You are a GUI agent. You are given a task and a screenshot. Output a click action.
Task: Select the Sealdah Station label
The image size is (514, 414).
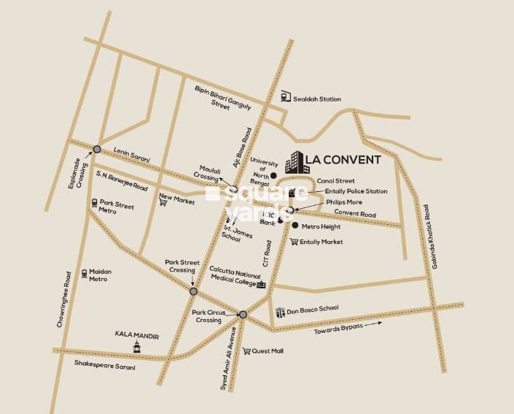pyautogui.click(x=318, y=99)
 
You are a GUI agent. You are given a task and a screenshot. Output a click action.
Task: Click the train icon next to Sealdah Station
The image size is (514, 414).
pyautogui.click(x=284, y=96)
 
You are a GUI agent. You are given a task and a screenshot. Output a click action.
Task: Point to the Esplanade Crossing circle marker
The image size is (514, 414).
pyautogui.click(x=97, y=150)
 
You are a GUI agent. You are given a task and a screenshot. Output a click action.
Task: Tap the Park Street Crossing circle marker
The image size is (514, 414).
pyautogui.click(x=193, y=291)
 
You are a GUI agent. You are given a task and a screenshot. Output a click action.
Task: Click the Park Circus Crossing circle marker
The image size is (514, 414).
pyautogui.click(x=243, y=315)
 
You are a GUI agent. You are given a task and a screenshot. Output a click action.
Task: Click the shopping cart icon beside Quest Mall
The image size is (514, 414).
pyautogui.click(x=246, y=351)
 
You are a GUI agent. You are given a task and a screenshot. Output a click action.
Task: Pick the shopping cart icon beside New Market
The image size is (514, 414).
pyautogui.click(x=163, y=202)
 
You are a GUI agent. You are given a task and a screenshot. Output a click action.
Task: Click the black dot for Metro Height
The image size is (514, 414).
pyautogui.click(x=295, y=226)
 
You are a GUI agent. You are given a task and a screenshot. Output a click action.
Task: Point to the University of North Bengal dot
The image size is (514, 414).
pyautogui.click(x=273, y=176)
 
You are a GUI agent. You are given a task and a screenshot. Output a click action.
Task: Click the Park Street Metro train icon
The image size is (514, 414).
pyautogui.click(x=94, y=203)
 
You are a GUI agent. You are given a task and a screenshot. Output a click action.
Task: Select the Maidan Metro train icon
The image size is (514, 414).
pyautogui.click(x=85, y=273)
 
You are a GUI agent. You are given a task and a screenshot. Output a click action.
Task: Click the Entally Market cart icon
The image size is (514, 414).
pyautogui.click(x=293, y=242)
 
